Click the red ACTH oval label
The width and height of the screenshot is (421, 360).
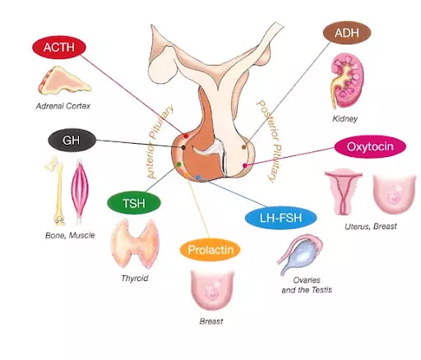click(x=59, y=48)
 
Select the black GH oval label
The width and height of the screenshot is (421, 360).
click(x=72, y=141)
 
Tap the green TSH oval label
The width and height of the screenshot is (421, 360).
click(x=134, y=203)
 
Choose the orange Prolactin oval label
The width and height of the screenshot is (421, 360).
click(x=210, y=250)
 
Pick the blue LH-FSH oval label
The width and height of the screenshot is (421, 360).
click(x=280, y=218)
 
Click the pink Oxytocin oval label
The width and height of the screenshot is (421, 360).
click(x=370, y=146)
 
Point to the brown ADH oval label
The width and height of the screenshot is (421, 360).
click(x=347, y=33)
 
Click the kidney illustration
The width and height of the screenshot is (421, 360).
click(x=346, y=81)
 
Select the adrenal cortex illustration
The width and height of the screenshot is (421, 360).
click(x=64, y=81)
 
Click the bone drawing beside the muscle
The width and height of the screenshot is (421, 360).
click(x=58, y=191)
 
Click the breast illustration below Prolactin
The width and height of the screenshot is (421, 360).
click(x=213, y=290)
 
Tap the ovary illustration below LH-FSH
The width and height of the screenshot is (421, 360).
click(x=300, y=255)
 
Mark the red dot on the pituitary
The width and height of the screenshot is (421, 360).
click(x=186, y=136)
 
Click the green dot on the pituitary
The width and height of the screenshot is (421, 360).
click(x=178, y=164)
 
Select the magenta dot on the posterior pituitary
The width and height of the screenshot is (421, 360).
click(x=245, y=165)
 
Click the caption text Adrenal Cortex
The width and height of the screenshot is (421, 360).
click(x=63, y=106)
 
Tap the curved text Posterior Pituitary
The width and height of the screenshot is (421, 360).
click(x=270, y=141)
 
